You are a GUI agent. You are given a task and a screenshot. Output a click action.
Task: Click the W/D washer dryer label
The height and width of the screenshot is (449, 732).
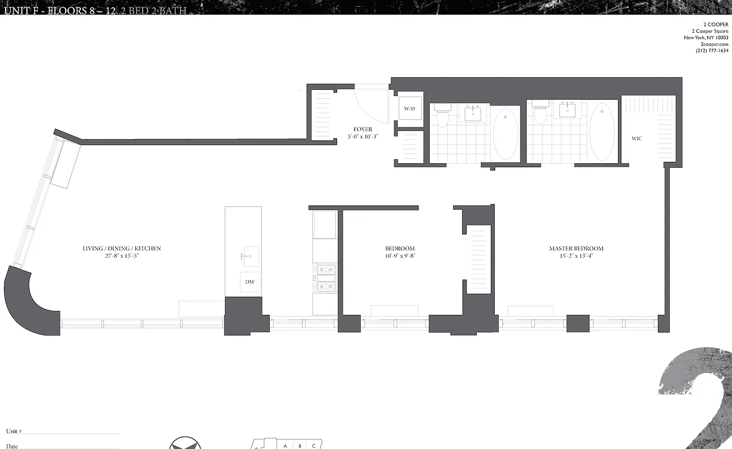(409, 108)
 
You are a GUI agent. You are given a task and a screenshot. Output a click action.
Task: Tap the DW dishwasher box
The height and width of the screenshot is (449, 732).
(250, 282)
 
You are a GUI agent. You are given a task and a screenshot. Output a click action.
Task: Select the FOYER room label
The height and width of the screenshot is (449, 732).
(363, 129)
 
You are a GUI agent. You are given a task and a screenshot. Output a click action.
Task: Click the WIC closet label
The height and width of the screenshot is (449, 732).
(637, 138)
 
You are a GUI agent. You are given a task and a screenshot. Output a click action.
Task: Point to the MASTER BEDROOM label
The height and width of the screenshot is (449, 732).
(576, 249)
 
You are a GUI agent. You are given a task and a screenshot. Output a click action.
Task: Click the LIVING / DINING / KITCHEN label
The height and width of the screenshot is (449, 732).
(122, 249)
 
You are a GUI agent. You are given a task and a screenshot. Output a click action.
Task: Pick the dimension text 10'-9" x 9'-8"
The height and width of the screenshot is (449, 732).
(399, 256)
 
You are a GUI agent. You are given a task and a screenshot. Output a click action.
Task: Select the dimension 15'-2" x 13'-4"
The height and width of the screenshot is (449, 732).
(576, 256)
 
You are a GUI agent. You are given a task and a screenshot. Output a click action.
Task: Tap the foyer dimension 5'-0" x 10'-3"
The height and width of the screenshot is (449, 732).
(363, 136)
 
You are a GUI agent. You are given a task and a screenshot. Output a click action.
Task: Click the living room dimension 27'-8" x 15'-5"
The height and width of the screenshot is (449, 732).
(122, 256)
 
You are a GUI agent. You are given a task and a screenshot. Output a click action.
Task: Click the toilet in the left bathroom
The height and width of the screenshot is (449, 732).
(443, 116)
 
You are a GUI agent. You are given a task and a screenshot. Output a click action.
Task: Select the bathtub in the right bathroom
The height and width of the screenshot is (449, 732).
(602, 131)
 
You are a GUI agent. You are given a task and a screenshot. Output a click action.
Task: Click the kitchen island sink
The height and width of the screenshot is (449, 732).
(250, 256)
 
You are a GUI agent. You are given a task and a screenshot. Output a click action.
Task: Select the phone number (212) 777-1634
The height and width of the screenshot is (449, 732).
(712, 51)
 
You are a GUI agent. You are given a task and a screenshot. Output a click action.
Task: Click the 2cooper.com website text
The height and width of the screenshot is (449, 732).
(715, 44)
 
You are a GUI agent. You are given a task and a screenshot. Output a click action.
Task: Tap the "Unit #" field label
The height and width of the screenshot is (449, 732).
(14, 431)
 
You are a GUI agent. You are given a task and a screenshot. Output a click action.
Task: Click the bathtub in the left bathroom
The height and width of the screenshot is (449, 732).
(505, 133)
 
